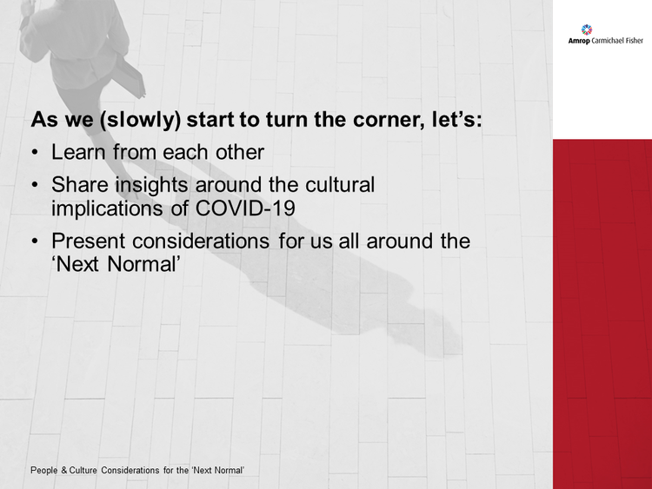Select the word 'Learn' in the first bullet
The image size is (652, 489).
point(78,152)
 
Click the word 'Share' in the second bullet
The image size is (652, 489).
point(80,184)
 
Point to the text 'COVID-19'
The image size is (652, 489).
point(245,208)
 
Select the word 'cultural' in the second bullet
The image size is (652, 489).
point(340,184)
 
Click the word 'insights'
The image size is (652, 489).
point(152,185)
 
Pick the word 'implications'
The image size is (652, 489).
point(107,208)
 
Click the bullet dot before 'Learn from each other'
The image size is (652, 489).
point(35,153)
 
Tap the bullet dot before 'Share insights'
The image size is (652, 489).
point(35,185)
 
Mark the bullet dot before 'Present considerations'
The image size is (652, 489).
point(35,241)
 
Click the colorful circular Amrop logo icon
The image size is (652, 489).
point(586,30)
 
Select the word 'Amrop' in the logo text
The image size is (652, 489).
point(579,41)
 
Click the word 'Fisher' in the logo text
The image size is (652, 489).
point(634,40)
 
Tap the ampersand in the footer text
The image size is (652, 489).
point(64,470)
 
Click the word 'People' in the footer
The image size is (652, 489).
point(44,470)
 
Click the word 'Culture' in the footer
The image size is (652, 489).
point(83,470)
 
